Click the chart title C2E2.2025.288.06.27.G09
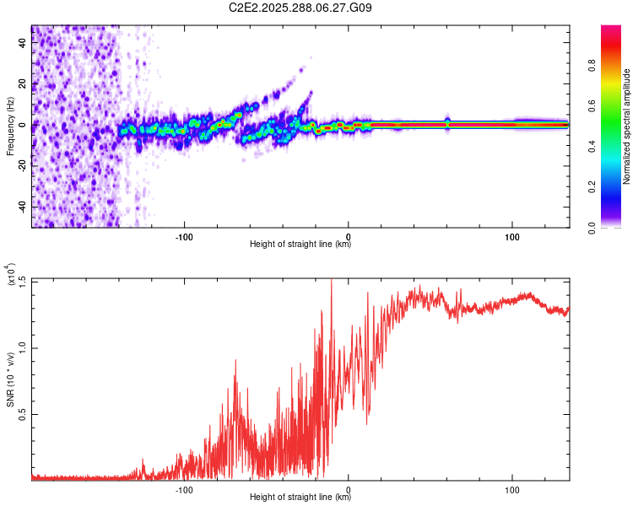(300, 8)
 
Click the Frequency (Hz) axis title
(10, 126)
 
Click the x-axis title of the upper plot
(300, 245)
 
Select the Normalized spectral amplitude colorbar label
(627, 126)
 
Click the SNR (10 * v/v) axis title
(10, 379)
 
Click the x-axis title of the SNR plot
(300, 498)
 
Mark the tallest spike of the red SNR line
(331, 281)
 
